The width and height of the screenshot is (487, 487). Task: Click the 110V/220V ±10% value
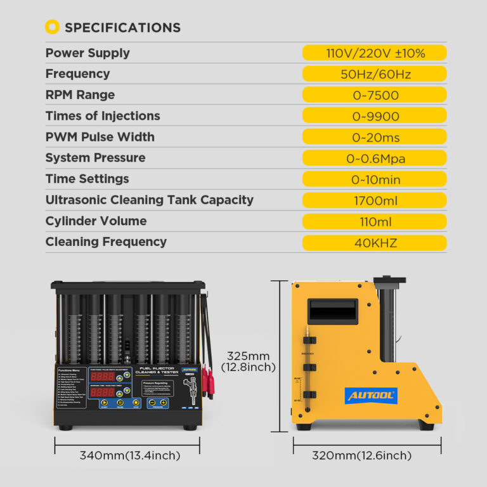coord(374,53)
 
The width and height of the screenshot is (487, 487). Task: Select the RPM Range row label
coord(80,95)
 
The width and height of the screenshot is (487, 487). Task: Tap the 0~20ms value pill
coord(374,137)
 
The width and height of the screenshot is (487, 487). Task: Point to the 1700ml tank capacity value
coord(374,200)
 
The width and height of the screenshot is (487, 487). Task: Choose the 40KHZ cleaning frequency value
coord(374,242)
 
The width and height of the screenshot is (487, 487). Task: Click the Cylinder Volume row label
coord(96,221)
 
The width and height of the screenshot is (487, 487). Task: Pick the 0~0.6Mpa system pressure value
coord(374,159)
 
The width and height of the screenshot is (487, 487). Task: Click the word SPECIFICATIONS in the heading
coord(122,27)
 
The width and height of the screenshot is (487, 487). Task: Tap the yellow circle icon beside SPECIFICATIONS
coord(53,27)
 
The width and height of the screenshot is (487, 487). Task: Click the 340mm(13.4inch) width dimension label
coord(130,455)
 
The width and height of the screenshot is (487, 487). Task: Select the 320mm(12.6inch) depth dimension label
coord(361,455)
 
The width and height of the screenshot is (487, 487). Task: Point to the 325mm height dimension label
coord(248,361)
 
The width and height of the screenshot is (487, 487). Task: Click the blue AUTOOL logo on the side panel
coord(371,396)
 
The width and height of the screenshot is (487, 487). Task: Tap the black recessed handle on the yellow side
coord(332,311)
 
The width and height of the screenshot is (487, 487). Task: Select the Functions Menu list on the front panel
coord(71,387)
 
